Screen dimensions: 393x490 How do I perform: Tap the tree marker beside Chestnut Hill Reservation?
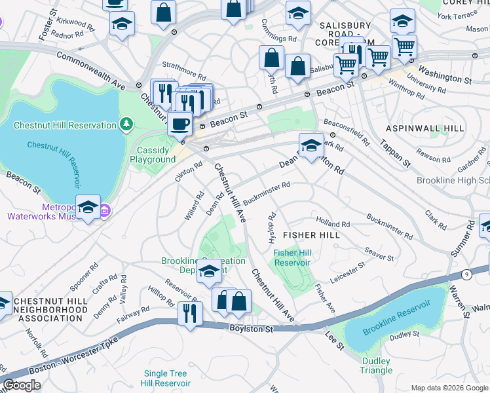click(126, 123)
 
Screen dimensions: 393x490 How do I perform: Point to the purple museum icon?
click(105, 210)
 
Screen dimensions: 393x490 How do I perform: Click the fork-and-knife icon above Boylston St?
click(191, 311)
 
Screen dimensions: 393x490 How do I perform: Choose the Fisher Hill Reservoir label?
click(292, 257)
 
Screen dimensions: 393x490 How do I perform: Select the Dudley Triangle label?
click(375, 365)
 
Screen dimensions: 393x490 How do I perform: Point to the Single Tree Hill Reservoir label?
click(167, 378)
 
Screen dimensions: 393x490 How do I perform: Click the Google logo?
click(22, 384)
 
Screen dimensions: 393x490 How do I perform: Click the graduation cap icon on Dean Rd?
click(311, 146)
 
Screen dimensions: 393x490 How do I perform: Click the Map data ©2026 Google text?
click(449, 388)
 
